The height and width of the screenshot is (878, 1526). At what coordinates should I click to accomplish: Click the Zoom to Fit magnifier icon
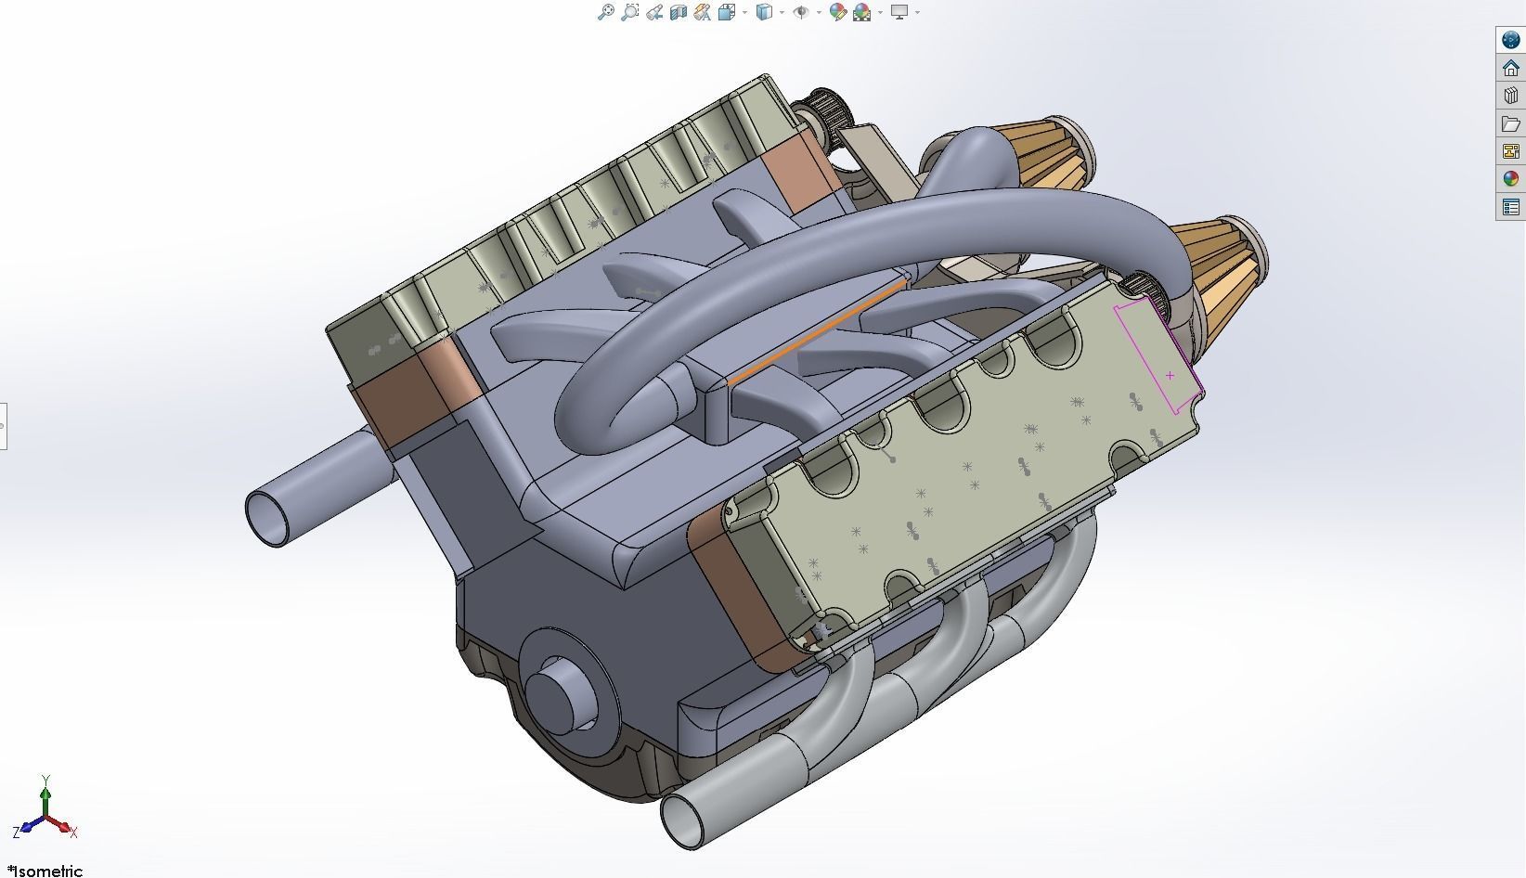point(605,12)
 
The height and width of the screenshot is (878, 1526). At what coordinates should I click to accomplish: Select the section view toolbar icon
point(678,12)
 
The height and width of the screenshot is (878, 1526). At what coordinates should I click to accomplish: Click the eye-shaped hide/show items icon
point(801,12)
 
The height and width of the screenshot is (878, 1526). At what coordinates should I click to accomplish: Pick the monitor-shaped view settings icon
point(899,12)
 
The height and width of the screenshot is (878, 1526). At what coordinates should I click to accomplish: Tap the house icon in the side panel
point(1510,68)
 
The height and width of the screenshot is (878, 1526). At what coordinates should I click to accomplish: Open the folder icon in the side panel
point(1510,123)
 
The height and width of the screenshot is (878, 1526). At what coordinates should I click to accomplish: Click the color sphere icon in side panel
point(1510,179)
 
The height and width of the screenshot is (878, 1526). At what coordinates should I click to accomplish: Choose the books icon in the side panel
point(1510,96)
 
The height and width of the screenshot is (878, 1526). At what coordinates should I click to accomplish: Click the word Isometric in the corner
point(48,871)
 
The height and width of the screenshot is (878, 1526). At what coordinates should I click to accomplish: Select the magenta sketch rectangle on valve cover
point(1156,357)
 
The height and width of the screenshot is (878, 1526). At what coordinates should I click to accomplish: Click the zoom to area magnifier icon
point(629,12)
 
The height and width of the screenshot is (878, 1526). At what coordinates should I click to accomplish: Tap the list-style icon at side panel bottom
point(1510,207)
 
